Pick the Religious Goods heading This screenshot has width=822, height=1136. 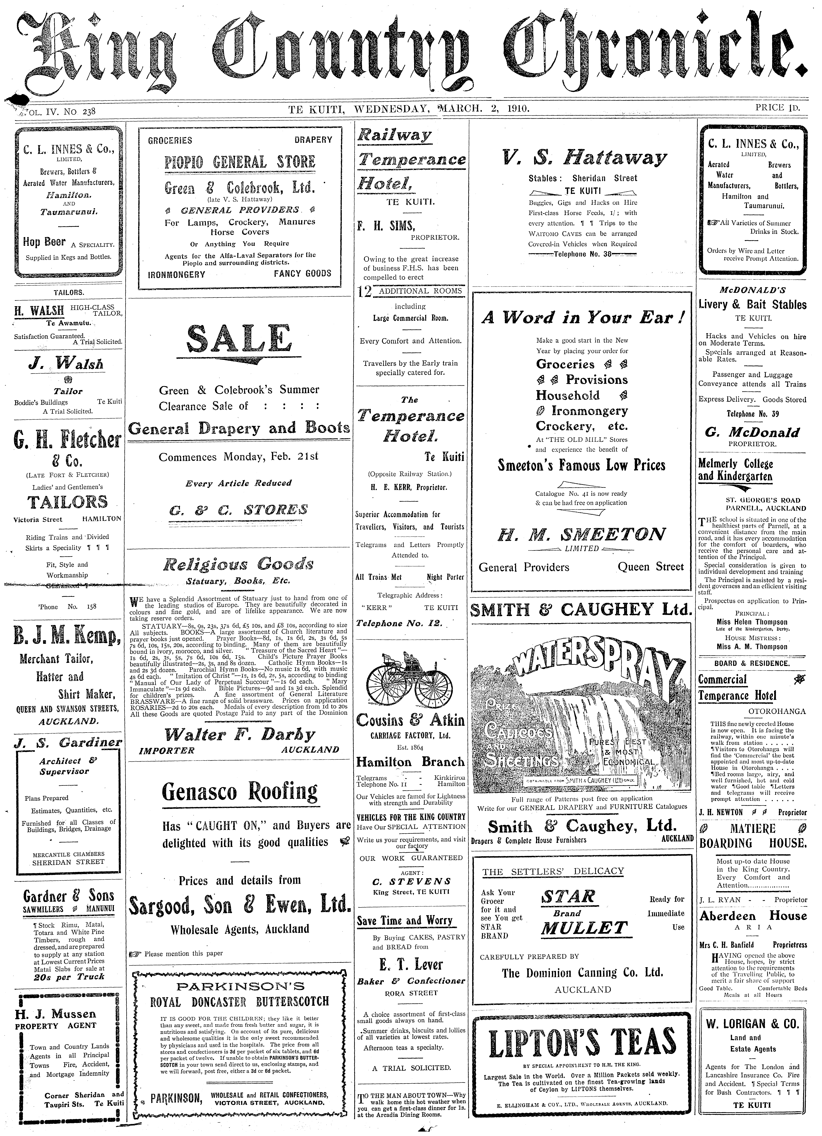pos(239,565)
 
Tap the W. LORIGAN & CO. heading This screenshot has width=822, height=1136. pos(752,1009)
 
